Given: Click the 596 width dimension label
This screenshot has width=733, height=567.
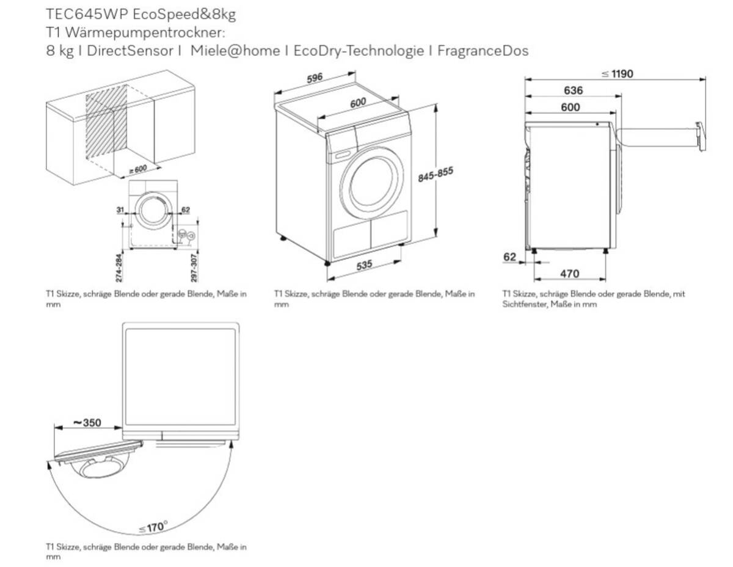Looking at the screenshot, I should pos(315,79).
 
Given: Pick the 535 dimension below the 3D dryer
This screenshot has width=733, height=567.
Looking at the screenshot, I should pos(365,265).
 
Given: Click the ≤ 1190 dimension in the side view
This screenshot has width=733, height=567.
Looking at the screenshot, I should pos(617,75).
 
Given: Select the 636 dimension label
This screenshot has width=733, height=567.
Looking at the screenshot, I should pos(573,90).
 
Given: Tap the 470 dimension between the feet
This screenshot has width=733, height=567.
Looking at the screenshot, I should pos(569,274).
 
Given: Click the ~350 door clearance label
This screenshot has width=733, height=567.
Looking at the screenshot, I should pos(87,423).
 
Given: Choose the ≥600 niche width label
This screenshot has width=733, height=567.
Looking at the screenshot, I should pos(137,169).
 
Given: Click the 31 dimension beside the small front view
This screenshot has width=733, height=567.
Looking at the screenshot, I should pos(120,210).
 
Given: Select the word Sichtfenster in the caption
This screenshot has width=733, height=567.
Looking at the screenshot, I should pos(522,304).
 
